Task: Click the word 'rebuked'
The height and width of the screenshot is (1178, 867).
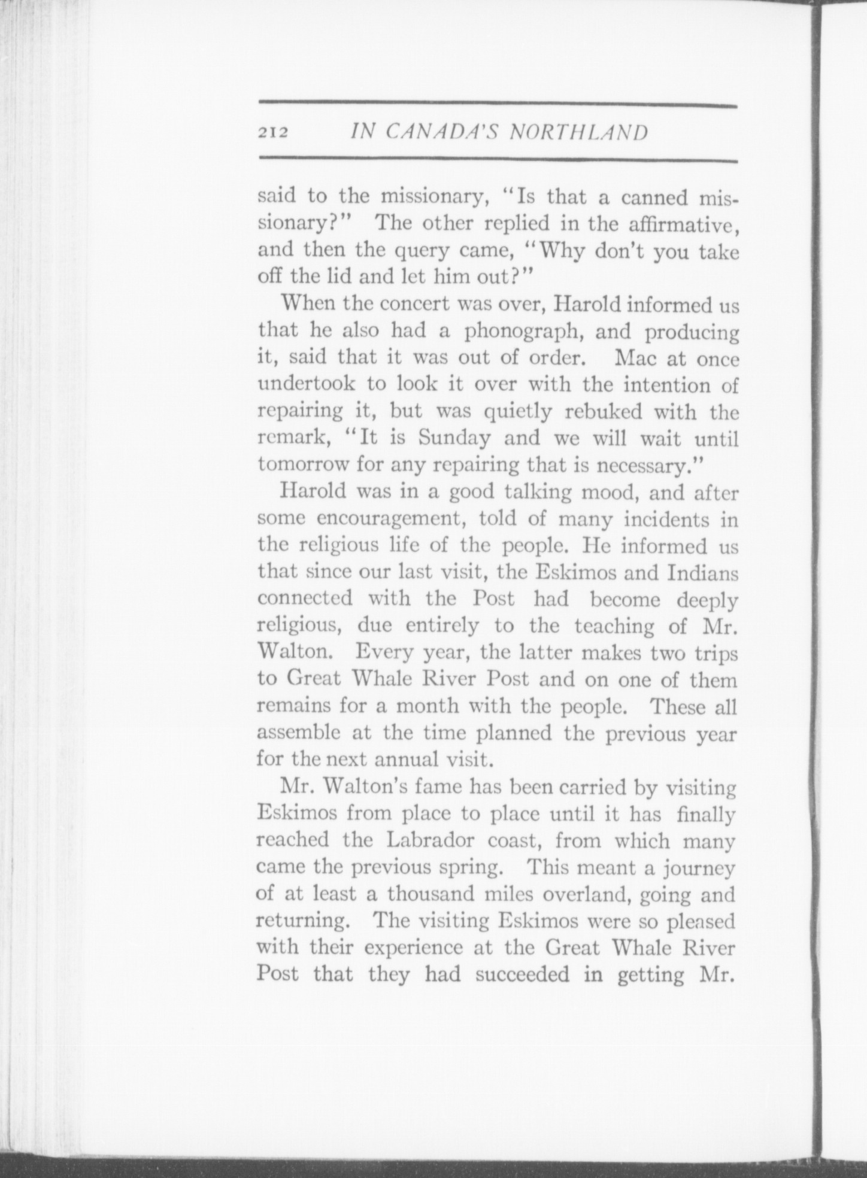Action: click(x=604, y=412)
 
